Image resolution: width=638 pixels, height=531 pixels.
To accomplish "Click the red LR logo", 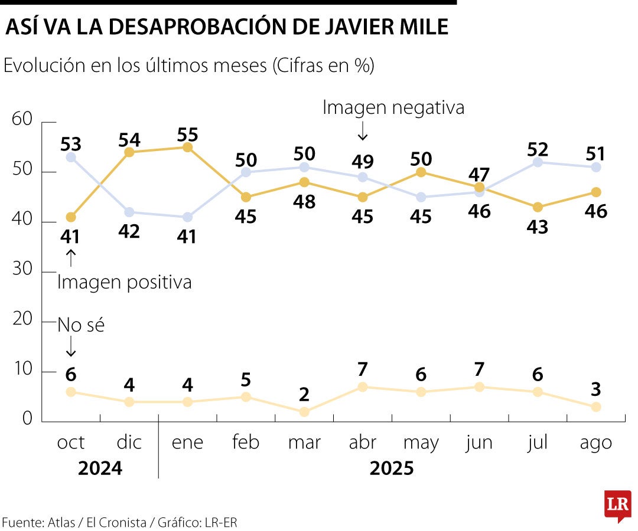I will coord(617,505).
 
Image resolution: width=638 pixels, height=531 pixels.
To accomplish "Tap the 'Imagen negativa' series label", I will coord(393,107).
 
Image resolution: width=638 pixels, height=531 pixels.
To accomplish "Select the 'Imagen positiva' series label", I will coord(125,282).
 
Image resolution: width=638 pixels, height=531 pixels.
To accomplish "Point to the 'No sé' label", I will coord(81,324).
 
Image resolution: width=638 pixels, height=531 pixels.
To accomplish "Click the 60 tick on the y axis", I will coord(24,120).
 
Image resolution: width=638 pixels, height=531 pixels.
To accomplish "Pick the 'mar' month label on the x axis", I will coord(304,442).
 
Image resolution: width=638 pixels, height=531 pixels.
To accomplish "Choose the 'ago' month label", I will coord(596,442).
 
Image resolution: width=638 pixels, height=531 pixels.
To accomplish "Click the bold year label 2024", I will coord(100,468).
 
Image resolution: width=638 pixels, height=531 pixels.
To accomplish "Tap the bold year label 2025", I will coord(392,468).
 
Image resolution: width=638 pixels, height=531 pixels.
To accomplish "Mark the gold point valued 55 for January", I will coord(188,147).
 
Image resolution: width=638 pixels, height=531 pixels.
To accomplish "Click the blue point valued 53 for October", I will coord(71,157).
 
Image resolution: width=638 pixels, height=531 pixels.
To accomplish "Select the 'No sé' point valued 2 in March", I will coord(304,412).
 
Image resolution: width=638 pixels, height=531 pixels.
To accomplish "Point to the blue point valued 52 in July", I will coord(538,162).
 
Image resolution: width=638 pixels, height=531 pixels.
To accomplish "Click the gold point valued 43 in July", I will coord(538,207).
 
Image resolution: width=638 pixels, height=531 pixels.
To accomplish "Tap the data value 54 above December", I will coord(129,140).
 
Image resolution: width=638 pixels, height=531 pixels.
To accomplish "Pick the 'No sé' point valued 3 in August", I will coord(596,407).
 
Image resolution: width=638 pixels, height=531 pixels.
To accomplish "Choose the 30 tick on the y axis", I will coord(24,271).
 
